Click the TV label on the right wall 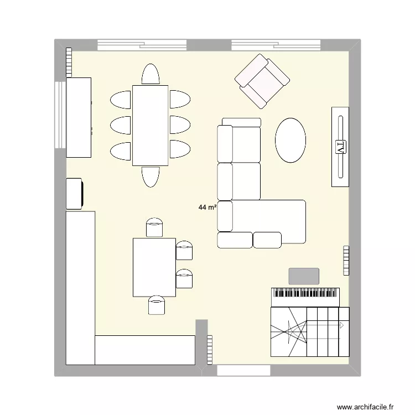coord(340,147)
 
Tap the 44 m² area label coord(207,208)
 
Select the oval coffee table coord(290,140)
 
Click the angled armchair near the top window coord(262,81)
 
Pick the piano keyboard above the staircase coord(305,296)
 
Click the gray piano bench coord(304,276)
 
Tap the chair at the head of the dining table coord(151,75)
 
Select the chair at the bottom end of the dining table coord(151,177)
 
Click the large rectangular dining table coord(150,126)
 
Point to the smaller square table coord(154,267)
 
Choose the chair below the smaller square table coord(157,305)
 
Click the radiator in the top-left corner coord(69,62)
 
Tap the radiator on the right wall coord(346,260)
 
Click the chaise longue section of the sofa coord(268,221)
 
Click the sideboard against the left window coord(79,117)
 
